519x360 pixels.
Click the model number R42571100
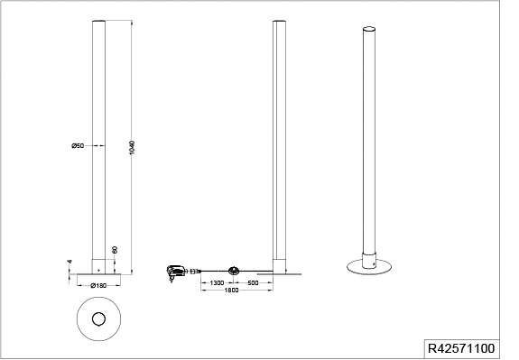click(461, 348)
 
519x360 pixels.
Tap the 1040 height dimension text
click(132, 148)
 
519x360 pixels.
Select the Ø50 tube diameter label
click(78, 145)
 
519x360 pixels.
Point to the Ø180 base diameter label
click(98, 285)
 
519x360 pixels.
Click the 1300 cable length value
click(217, 283)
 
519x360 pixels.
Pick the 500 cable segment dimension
click(253, 283)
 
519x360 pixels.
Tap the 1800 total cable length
click(231, 291)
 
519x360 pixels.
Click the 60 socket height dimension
click(115, 250)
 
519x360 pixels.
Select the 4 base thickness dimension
click(70, 262)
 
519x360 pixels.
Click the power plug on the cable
click(175, 272)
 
